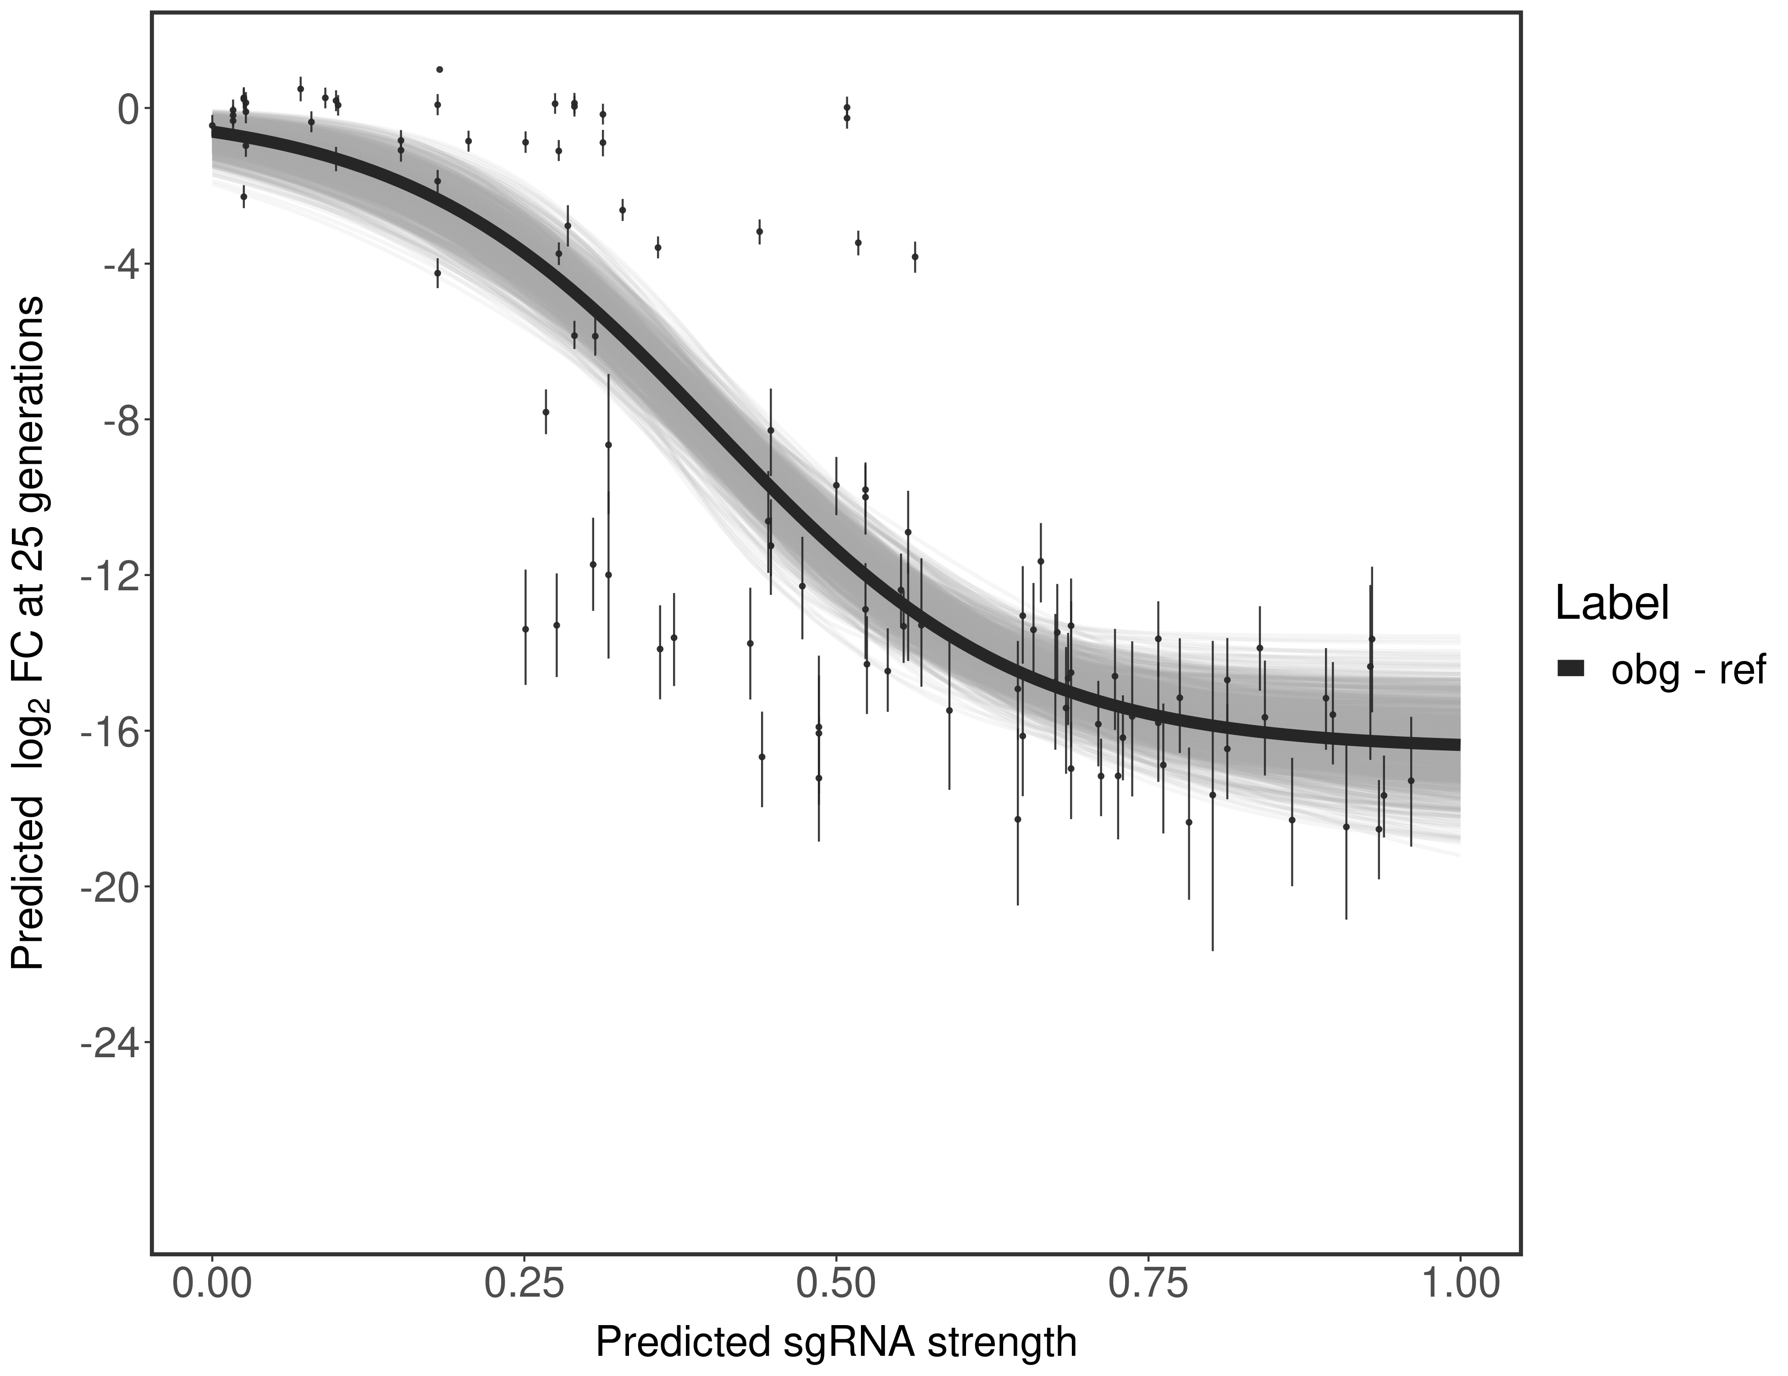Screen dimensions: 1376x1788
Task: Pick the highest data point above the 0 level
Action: coord(440,70)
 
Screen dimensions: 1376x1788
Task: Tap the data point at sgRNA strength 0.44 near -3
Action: coord(760,232)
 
